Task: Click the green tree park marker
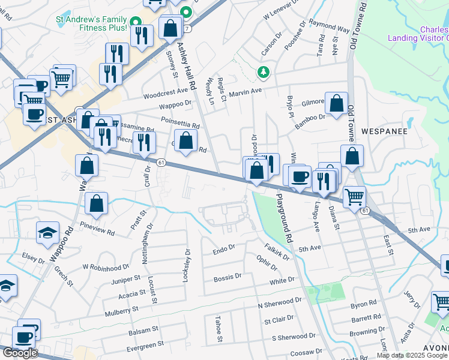(x=263, y=73)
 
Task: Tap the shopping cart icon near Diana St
(x=355, y=196)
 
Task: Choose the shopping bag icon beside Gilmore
(x=337, y=103)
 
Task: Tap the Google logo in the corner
(x=19, y=353)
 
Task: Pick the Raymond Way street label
(x=330, y=28)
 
